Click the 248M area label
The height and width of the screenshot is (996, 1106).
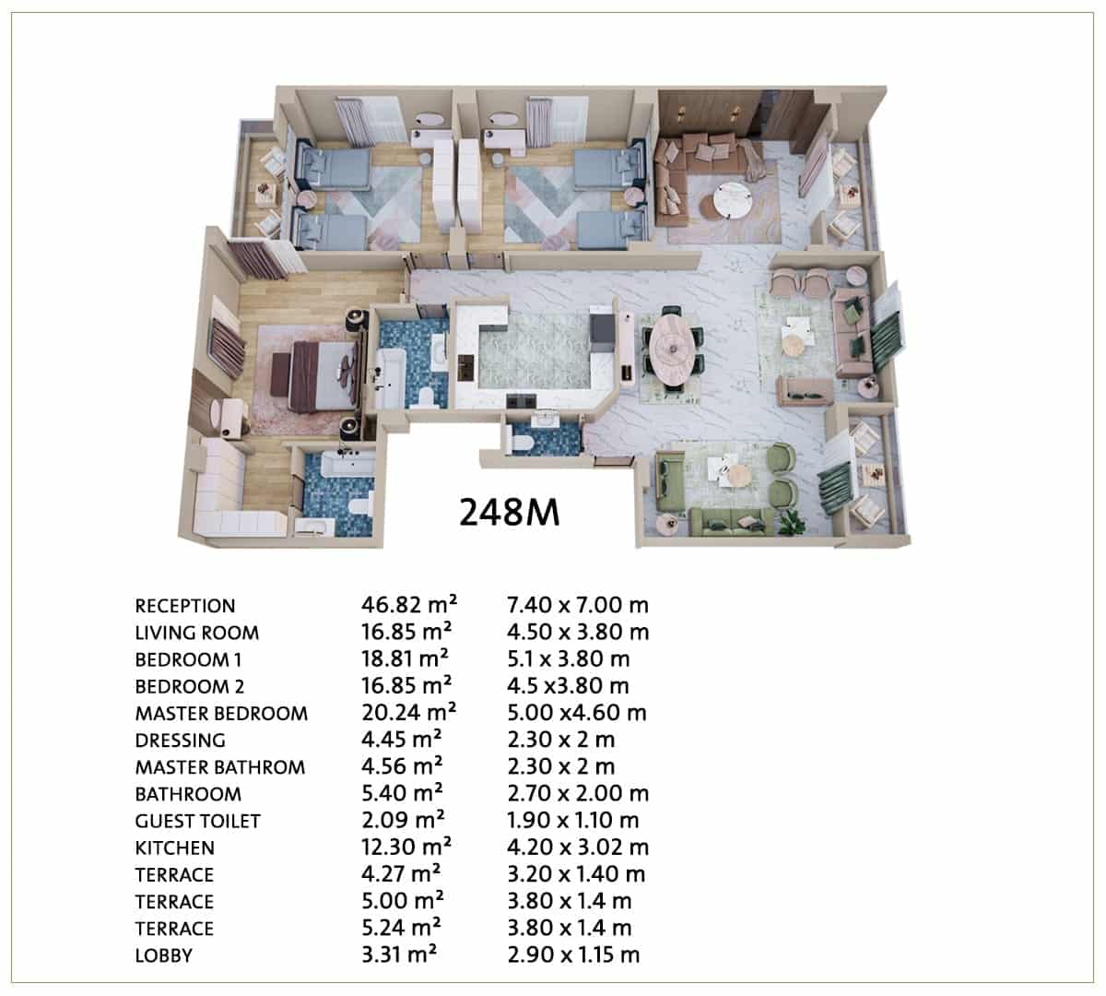pos(509,512)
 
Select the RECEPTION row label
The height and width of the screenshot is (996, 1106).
pos(185,606)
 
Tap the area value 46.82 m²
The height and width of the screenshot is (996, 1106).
pos(409,605)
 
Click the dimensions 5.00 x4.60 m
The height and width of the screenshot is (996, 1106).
pos(577,712)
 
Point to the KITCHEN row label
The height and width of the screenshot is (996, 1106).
pos(175,848)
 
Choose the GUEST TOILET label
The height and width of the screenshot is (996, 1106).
pos(197,821)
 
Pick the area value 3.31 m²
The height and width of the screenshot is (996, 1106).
pos(399,954)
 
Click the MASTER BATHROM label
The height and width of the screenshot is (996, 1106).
pos(220,767)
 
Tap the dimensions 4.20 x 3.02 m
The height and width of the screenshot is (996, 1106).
pos(578,847)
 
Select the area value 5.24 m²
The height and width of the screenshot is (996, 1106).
pos(401,928)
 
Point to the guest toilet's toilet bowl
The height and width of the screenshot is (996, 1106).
pos(521,442)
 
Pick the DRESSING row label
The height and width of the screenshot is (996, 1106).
pos(181,741)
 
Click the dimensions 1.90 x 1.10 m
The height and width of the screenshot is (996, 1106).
pos(573,820)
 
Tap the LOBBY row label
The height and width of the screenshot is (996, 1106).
pos(164,955)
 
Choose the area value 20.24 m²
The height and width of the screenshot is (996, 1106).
pos(408,712)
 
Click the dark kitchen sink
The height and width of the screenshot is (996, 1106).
pos(465,367)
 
